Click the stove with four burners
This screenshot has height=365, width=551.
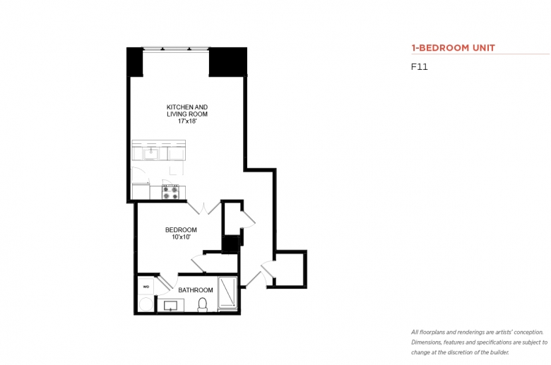pyautogui.click(x=170, y=192)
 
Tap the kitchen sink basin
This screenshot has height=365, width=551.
pyautogui.click(x=151, y=153)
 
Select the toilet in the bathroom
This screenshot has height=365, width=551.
pyautogui.click(x=203, y=304)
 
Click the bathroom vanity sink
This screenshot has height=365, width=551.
pyautogui.click(x=171, y=305)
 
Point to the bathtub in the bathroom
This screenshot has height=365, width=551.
pyautogui.click(x=227, y=294)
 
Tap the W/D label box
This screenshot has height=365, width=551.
pyautogui.click(x=146, y=287)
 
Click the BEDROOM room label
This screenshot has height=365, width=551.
pyautogui.click(x=181, y=230)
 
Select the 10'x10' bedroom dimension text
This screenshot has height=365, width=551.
pyautogui.click(x=182, y=237)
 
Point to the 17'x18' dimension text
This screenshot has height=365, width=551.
pyautogui.click(x=187, y=121)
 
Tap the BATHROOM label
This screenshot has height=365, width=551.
pyautogui.click(x=196, y=290)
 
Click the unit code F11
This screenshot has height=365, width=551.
pyautogui.click(x=420, y=67)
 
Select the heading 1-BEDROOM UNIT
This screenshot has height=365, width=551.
pyautogui.click(x=454, y=48)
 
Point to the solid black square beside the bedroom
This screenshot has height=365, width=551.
pyautogui.click(x=230, y=244)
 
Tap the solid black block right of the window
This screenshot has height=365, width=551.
pyautogui.click(x=227, y=62)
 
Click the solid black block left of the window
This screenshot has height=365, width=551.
pyautogui.click(x=135, y=62)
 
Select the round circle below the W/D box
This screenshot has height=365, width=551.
pyautogui.click(x=146, y=304)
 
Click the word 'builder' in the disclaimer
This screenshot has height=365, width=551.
pyautogui.click(x=498, y=352)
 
